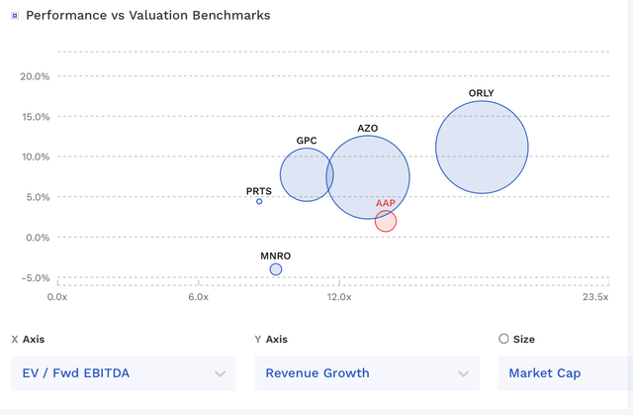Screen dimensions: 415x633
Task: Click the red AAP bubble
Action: (386, 221)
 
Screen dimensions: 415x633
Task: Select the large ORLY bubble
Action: (482, 148)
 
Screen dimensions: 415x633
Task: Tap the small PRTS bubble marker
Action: (260, 201)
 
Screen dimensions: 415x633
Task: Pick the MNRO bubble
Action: (276, 269)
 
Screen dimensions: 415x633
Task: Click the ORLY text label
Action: (482, 94)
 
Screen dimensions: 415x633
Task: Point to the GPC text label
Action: (307, 141)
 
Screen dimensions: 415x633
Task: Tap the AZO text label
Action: (368, 129)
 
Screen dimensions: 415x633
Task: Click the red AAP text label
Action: (386, 203)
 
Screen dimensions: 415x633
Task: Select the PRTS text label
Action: (259, 191)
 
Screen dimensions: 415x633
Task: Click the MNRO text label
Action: (276, 256)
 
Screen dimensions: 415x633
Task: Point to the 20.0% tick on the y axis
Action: (35, 76)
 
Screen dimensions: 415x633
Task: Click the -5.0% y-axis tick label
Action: (35, 278)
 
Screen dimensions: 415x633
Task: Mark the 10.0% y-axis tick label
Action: (35, 156)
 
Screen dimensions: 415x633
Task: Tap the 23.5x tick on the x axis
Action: (594, 296)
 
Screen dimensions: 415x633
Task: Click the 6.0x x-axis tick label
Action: (198, 296)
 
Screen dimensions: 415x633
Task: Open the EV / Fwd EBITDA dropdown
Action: (124, 373)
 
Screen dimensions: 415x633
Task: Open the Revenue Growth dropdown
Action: (365, 373)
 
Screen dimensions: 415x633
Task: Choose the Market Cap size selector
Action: (564, 373)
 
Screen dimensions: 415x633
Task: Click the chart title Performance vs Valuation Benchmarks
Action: (147, 16)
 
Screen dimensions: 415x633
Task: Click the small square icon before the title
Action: (14, 16)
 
